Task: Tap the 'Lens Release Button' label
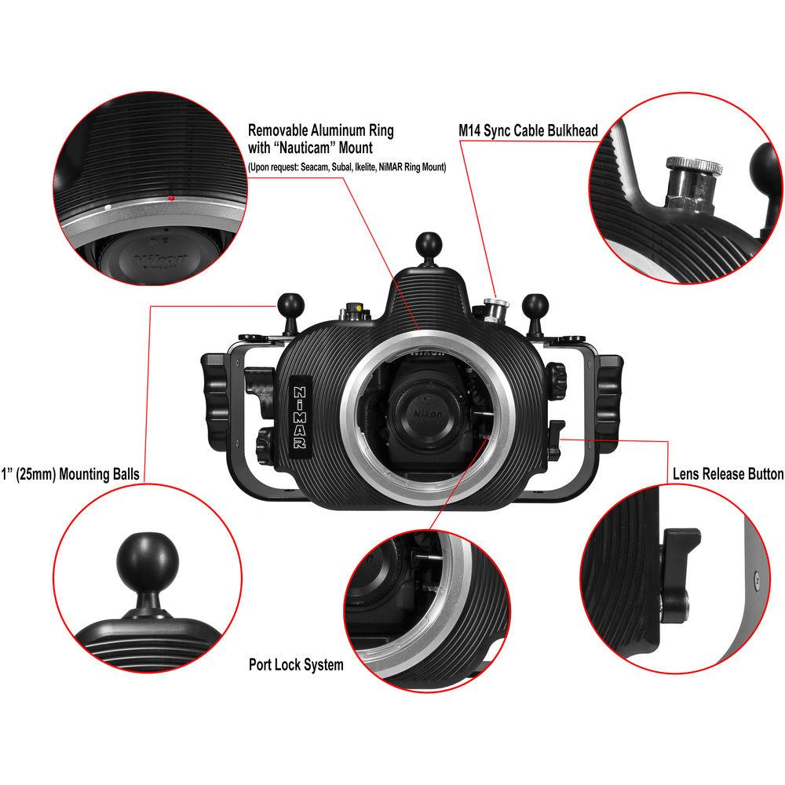click(728, 474)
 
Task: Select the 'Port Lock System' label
click(296, 665)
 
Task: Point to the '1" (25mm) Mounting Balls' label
click(70, 474)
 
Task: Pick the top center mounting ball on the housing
click(427, 243)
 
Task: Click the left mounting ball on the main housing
click(285, 303)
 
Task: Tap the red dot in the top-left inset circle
click(170, 199)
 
